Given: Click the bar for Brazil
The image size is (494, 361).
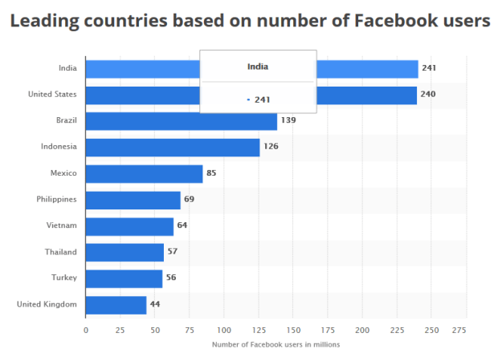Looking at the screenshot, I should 181,121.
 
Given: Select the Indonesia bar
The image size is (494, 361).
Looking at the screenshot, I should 172,147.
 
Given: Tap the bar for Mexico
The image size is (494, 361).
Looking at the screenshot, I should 144,173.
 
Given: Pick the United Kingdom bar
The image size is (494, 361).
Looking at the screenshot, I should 116,305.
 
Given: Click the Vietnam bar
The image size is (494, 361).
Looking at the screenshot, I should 129,226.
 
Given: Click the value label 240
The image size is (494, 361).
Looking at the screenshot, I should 428,95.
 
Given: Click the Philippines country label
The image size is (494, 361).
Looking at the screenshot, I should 56,199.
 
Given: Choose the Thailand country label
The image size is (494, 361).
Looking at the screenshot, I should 61,252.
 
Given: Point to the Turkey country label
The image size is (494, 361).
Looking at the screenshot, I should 64,278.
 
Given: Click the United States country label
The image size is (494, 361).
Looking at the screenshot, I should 52,95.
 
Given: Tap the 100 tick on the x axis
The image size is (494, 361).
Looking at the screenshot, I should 224,330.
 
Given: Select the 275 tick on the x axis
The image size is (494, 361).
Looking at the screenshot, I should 459,330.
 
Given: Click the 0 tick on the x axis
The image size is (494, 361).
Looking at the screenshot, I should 86,330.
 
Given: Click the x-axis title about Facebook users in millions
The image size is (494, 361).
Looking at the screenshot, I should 276,345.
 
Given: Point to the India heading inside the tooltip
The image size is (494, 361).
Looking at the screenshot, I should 258,67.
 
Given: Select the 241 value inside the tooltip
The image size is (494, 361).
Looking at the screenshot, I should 263,99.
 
